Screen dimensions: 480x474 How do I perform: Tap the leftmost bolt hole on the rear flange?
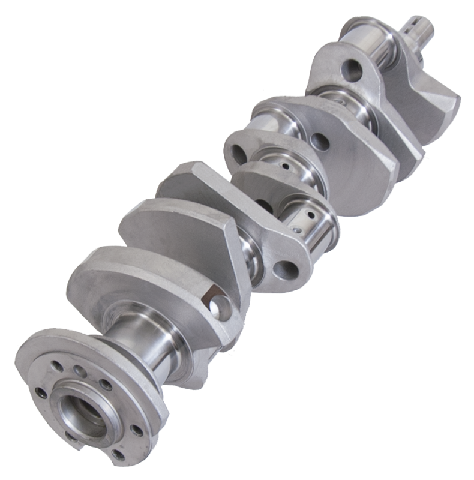[x=41, y=394]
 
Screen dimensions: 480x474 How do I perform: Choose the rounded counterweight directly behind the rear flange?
[x=120, y=282]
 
